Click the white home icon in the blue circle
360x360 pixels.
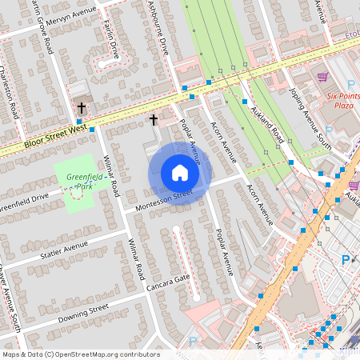click(180, 173)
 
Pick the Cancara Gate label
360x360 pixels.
click(167, 282)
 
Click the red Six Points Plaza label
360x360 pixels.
click(344, 99)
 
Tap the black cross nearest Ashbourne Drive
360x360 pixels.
click(154, 119)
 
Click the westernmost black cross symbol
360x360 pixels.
click(81, 106)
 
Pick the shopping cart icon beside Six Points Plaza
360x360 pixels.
click(322, 78)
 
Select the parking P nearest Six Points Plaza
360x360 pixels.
click(351, 84)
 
